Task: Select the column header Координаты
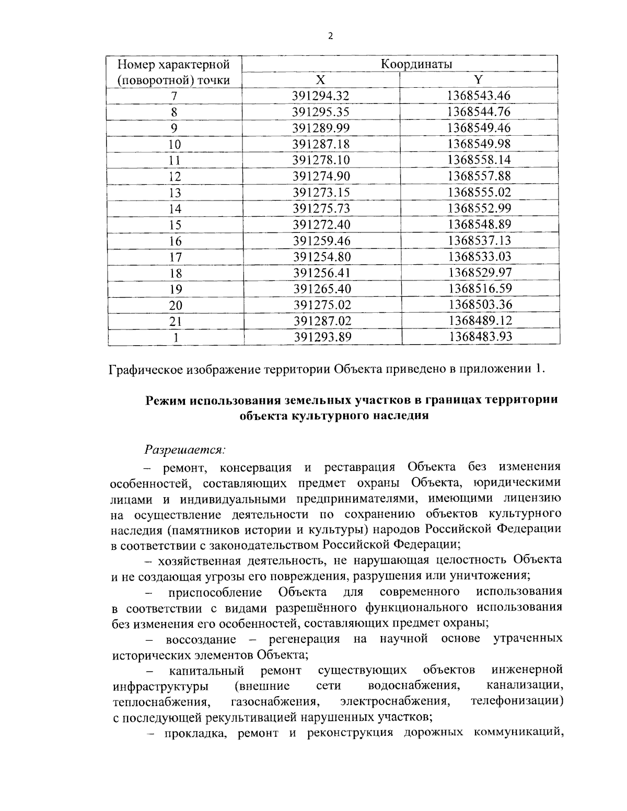click(x=416, y=64)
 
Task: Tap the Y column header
click(x=478, y=80)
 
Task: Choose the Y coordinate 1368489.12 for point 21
click(x=480, y=321)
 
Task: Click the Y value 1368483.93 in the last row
click(x=480, y=337)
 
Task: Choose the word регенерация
click(x=304, y=639)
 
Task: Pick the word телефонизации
click(x=516, y=700)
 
